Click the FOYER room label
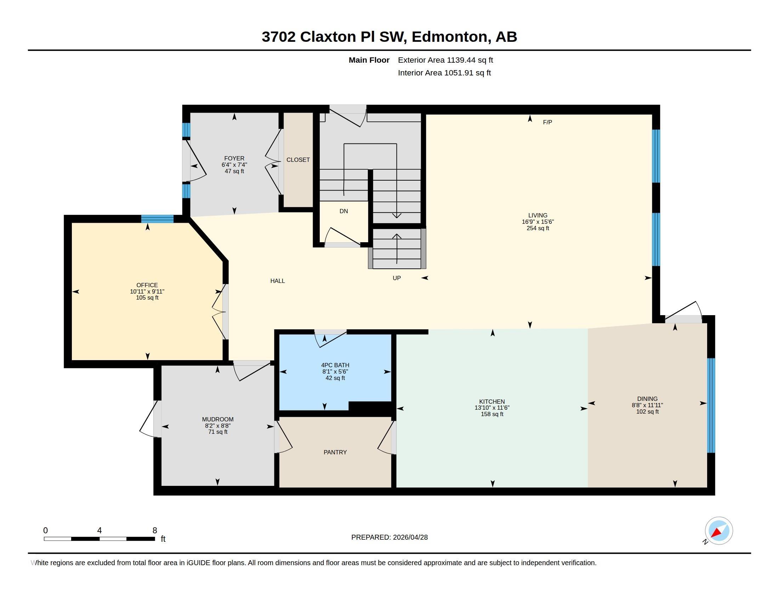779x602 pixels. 234,158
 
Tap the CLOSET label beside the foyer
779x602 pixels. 298,160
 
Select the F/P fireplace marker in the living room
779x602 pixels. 547,122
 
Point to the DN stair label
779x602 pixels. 344,211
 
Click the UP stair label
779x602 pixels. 397,278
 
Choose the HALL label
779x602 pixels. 278,281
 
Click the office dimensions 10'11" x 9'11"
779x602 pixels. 147,291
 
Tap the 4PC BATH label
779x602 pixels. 335,365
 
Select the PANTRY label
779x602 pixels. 335,452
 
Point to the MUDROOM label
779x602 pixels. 218,419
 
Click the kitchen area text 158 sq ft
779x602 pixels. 492,414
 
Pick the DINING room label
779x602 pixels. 647,399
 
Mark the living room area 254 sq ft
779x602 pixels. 538,228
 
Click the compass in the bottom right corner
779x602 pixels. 719,531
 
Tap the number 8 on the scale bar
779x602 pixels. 155,530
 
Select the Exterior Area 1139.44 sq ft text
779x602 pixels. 445,60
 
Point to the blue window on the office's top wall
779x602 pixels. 157,219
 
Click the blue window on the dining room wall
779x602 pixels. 711,405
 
